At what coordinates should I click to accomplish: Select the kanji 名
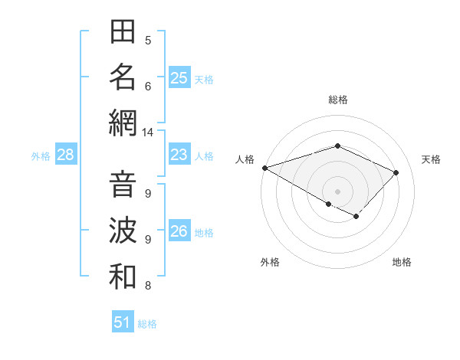click(123, 77)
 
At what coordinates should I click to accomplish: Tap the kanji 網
click(123, 123)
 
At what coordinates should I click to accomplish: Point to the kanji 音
click(123, 185)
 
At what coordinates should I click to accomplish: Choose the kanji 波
click(123, 231)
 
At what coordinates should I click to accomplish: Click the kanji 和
click(123, 277)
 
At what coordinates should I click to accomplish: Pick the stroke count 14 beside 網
click(147, 133)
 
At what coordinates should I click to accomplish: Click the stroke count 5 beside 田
click(148, 41)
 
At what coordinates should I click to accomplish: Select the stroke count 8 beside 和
click(148, 286)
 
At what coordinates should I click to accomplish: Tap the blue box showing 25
click(179, 78)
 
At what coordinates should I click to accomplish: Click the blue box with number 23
click(179, 155)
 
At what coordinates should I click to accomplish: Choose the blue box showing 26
click(179, 231)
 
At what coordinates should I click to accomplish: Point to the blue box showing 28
click(66, 155)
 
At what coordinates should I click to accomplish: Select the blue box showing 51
click(123, 322)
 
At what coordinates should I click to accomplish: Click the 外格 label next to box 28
click(41, 156)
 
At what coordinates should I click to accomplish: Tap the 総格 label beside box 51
click(147, 324)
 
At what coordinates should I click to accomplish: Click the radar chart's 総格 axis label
click(337, 100)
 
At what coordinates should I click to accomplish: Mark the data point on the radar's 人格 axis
click(264, 168)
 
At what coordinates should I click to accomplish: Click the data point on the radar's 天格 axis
click(396, 172)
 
